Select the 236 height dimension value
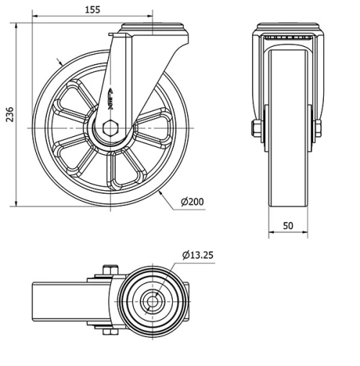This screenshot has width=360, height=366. coord(9,115)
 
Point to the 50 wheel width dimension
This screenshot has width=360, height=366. coord(288,226)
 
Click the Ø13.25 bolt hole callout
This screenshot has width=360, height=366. coord(199,254)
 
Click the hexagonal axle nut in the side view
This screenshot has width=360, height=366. coord(109,128)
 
